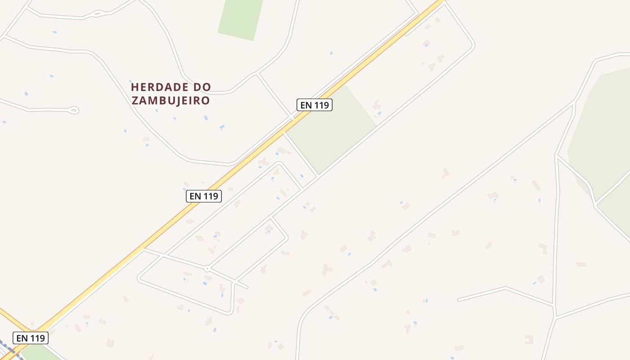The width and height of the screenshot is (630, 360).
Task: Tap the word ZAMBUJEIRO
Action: point(171,100)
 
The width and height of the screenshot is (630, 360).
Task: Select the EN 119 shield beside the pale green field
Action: point(315,105)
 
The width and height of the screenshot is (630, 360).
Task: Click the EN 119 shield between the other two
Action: point(204,196)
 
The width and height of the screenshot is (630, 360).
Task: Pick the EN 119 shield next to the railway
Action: point(31,337)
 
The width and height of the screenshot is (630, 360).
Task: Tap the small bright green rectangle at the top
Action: point(240,18)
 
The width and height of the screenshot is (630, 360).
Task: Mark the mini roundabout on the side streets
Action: point(207,268)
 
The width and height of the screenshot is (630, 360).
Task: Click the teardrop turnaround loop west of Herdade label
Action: point(74,109)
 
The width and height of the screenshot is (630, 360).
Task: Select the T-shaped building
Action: point(327,270)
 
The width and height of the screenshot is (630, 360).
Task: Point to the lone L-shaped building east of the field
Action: point(445,173)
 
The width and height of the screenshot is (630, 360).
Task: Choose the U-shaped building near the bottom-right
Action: point(529,339)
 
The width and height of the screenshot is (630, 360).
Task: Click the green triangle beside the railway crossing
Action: point(38,353)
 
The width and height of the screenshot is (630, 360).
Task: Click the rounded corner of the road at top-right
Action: point(472,45)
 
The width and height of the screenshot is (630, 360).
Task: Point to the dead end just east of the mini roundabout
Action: point(247,287)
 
